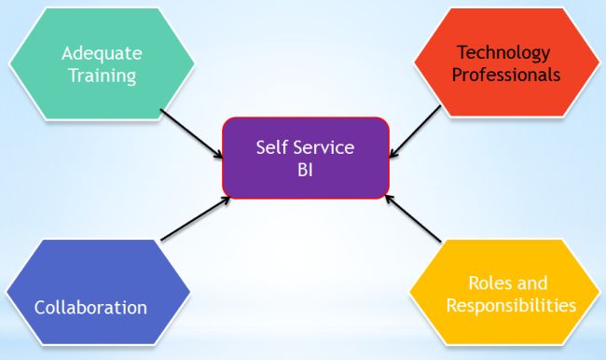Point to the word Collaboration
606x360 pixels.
pyautogui.click(x=90, y=307)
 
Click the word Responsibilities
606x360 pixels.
pyautogui.click(x=511, y=305)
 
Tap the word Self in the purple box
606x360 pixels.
pyautogui.click(x=270, y=147)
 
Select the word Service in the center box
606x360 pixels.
pyautogui.click(x=323, y=147)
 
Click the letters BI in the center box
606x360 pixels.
pyautogui.click(x=306, y=170)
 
